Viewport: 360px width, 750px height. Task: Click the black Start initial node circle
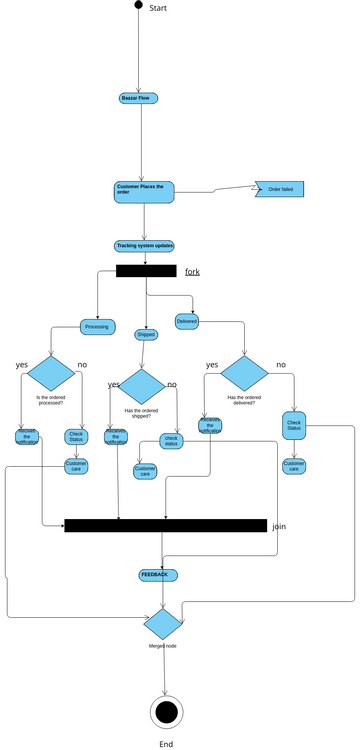(139, 5)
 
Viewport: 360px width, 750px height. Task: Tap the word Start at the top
(158, 8)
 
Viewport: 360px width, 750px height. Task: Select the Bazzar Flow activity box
(139, 98)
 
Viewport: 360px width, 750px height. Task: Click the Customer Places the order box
(144, 192)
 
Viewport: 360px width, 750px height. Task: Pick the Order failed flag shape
(279, 189)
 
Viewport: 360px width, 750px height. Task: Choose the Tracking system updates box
(145, 246)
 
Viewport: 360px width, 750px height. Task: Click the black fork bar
(146, 271)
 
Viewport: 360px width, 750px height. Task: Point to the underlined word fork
(192, 272)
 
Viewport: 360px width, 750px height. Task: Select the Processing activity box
(98, 326)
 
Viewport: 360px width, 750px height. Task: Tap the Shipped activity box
(146, 334)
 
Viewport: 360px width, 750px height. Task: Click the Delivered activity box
(187, 321)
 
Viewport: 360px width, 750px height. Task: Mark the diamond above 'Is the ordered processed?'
(50, 372)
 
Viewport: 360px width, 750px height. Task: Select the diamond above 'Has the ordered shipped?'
(141, 386)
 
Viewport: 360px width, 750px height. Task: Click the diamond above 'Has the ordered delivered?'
(244, 372)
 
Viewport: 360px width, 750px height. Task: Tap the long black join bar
(165, 525)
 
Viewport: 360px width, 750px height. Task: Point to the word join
(279, 525)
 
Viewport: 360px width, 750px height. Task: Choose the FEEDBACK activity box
(159, 575)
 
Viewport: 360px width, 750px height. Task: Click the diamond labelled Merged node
(162, 624)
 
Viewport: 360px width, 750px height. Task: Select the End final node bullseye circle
(166, 711)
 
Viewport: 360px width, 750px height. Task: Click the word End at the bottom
(166, 744)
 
